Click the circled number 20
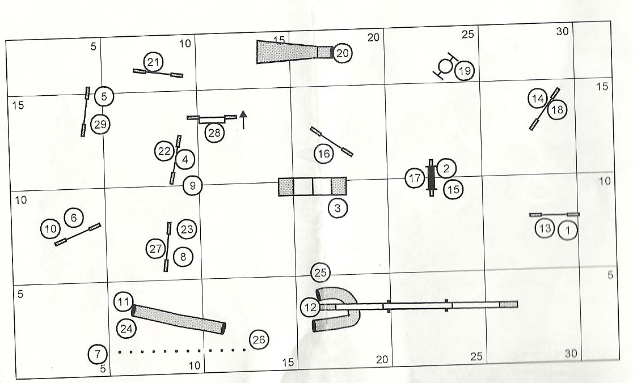click(342, 53)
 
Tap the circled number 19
click(465, 71)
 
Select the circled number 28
click(214, 133)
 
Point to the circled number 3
click(337, 208)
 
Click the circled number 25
click(320, 273)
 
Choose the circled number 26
click(259, 340)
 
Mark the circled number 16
click(323, 154)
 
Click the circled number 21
click(153, 62)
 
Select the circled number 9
click(193, 185)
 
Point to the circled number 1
click(568, 229)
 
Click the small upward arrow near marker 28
click(243, 120)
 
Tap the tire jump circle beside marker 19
click(446, 66)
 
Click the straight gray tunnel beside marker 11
click(178, 319)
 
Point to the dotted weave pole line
click(182, 351)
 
